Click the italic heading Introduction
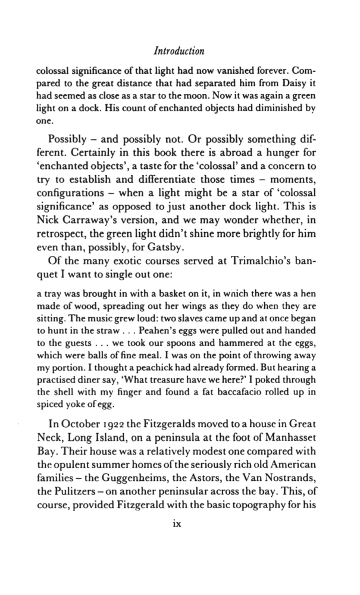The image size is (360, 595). point(179,50)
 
